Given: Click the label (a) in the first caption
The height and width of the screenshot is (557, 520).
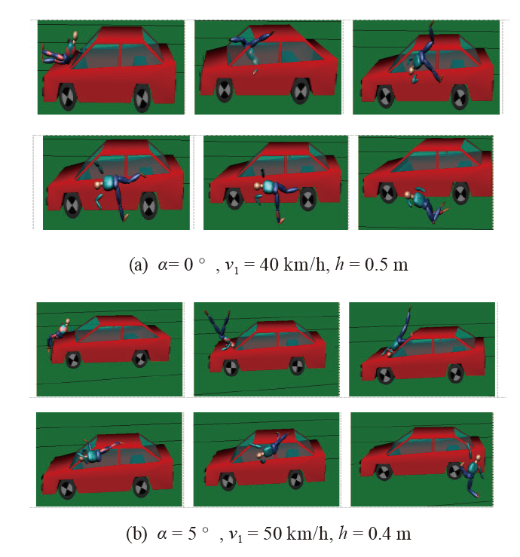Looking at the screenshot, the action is [x=138, y=265].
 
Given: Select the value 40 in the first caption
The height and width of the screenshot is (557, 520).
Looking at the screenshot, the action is [x=269, y=265].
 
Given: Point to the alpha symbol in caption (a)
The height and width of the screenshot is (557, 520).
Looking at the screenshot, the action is [x=163, y=265].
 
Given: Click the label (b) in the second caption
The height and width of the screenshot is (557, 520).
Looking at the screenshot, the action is [x=136, y=534].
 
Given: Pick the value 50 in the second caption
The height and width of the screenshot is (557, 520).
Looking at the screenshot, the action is [x=272, y=534].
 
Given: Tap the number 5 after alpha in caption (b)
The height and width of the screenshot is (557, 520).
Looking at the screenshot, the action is [x=192, y=534].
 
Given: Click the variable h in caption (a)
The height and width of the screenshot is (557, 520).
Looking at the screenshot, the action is [x=340, y=264].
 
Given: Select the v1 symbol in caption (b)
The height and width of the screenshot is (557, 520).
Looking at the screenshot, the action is [x=236, y=535].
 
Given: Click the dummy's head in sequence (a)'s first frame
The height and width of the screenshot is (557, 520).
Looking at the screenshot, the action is [x=75, y=35].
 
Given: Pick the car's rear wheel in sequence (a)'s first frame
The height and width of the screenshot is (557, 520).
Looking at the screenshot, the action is [x=142, y=99].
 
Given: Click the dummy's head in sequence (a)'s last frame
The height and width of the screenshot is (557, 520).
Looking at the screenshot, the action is [x=408, y=194].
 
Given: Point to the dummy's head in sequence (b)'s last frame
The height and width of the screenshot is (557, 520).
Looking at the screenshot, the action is [x=478, y=458].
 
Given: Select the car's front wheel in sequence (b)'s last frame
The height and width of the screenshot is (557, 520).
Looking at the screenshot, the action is [x=383, y=473].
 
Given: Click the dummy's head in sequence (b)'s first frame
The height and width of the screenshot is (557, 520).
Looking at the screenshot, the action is [x=68, y=322].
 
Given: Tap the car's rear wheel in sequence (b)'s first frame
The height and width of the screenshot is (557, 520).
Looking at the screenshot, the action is [x=140, y=359].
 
